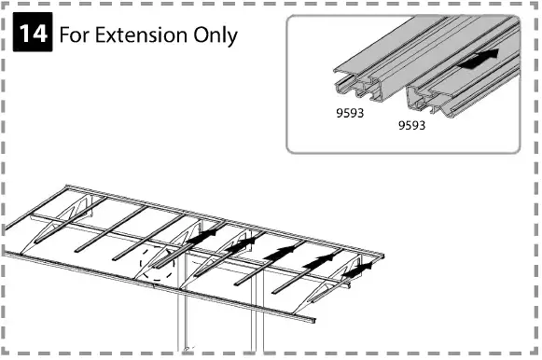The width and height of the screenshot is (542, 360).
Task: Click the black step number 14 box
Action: click(x=35, y=35)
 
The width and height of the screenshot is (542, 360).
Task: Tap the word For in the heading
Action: click(x=76, y=36)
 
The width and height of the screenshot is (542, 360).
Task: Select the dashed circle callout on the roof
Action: click(x=157, y=265)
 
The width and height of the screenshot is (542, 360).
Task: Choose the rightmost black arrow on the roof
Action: click(x=362, y=269)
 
